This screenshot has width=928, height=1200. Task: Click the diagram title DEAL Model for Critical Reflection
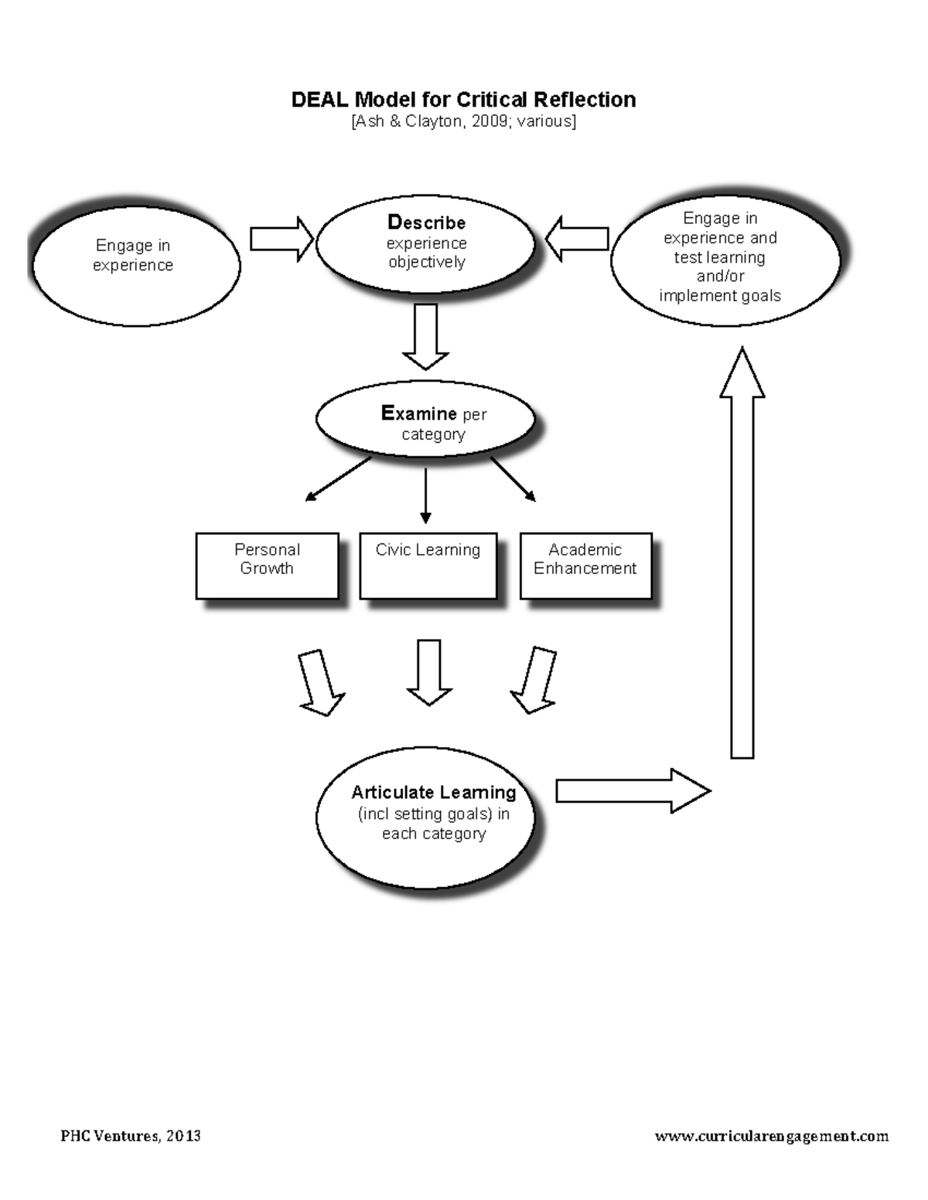pos(463,100)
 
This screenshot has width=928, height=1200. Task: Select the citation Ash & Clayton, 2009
pos(463,121)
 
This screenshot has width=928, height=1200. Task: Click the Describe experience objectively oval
pos(425,243)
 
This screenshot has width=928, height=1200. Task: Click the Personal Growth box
pos(267,566)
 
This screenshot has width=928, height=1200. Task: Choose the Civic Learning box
pos(428,566)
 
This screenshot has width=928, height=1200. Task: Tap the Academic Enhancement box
pos(585,566)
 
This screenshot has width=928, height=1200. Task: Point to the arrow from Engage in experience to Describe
pos(281,239)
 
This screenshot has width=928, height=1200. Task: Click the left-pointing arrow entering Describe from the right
pos(577,238)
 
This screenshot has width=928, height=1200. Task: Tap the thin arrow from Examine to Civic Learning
pos(425,495)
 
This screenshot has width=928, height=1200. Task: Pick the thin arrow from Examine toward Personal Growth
pos(339,479)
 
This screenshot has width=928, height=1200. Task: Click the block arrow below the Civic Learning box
pos(429,671)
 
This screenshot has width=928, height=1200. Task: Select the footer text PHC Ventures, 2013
pos(131,1136)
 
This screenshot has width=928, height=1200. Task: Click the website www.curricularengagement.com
pos(771,1136)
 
